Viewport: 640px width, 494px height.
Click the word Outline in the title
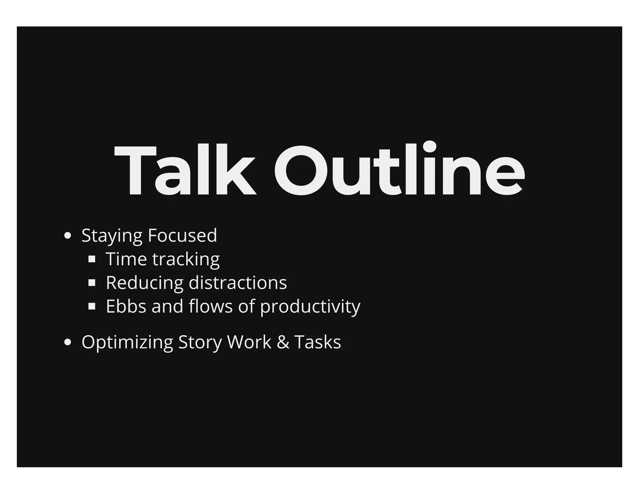pyautogui.click(x=399, y=170)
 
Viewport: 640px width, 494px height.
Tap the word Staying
pyautogui.click(x=112, y=236)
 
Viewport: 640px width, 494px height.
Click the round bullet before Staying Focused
pyautogui.click(x=67, y=236)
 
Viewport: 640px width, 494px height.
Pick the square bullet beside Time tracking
pyautogui.click(x=92, y=259)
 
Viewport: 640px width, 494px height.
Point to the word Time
pyautogui.click(x=126, y=259)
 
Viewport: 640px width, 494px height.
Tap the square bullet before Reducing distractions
pyautogui.click(x=92, y=283)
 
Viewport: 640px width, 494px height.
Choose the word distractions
pyautogui.click(x=238, y=283)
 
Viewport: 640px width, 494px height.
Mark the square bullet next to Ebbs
pyautogui.click(x=92, y=306)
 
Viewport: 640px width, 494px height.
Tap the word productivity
pyautogui.click(x=310, y=307)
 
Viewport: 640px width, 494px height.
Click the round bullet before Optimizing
pyautogui.click(x=67, y=342)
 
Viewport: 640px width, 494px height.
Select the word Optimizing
pyautogui.click(x=127, y=342)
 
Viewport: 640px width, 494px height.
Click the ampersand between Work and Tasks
pyautogui.click(x=283, y=342)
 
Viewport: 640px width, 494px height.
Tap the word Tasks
pyautogui.click(x=317, y=342)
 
